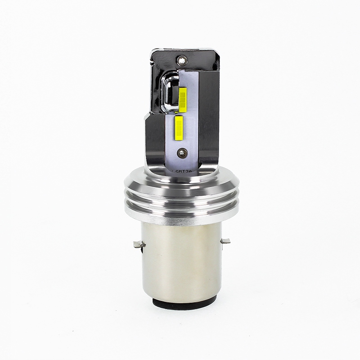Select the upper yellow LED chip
183,99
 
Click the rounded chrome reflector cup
169,92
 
